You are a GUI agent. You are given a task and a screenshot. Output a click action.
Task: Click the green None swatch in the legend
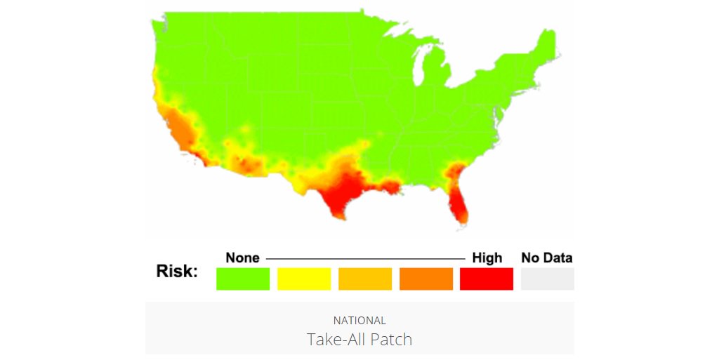[242, 279]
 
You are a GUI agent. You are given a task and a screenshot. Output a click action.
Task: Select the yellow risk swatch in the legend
[304, 279]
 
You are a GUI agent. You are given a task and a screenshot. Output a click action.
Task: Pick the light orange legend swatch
[365, 279]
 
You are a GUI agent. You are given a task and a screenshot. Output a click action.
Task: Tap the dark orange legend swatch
[426, 279]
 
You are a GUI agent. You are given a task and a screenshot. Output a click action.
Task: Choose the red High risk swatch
[487, 279]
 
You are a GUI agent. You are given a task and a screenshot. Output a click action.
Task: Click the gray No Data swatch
[547, 279]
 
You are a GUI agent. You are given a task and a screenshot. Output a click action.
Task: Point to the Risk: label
[177, 272]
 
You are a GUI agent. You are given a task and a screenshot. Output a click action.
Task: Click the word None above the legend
[242, 258]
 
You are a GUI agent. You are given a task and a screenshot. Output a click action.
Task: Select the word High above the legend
[487, 258]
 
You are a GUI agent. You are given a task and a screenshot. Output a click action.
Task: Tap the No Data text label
[547, 258]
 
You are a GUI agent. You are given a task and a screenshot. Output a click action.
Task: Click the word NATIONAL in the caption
[359, 321]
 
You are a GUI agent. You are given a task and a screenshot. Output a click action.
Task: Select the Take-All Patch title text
[359, 340]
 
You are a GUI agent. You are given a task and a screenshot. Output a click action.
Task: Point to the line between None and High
[365, 259]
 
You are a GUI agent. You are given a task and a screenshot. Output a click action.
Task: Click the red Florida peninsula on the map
[457, 204]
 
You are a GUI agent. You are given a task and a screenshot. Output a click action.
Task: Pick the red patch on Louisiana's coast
[387, 187]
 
